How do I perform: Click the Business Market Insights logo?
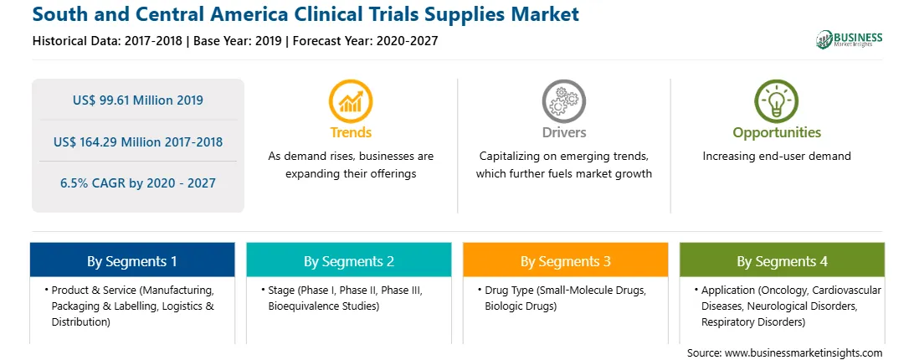pyautogui.click(x=850, y=39)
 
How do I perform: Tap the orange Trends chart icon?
pyautogui.click(x=351, y=101)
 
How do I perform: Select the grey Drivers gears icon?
pyautogui.click(x=563, y=101)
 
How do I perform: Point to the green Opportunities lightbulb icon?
pyautogui.click(x=777, y=101)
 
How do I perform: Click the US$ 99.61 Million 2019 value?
pyautogui.click(x=138, y=100)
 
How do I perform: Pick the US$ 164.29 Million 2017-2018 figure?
pyautogui.click(x=138, y=141)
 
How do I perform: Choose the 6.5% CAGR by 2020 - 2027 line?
pyautogui.click(x=138, y=183)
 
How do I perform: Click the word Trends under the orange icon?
pyautogui.click(x=351, y=132)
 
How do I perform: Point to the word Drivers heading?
pyautogui.click(x=564, y=132)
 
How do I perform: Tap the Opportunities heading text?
pyautogui.click(x=777, y=133)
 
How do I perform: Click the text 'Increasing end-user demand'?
pyautogui.click(x=777, y=157)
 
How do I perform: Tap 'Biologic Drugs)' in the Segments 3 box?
pyautogui.click(x=521, y=306)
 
